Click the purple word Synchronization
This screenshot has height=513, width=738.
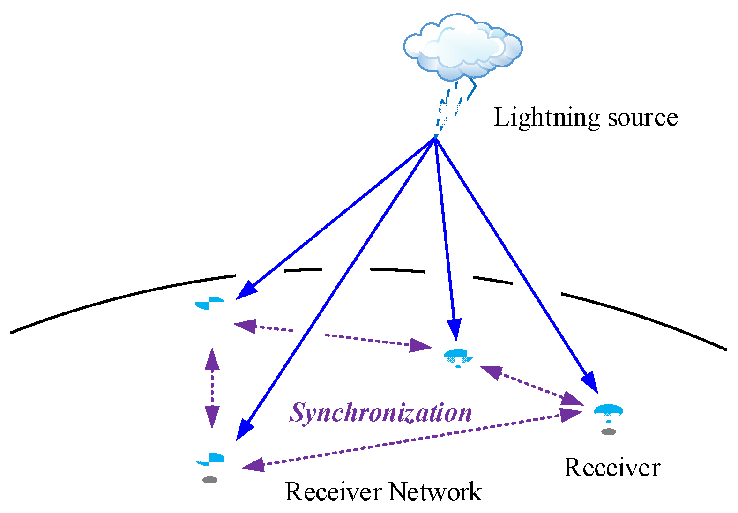(380, 413)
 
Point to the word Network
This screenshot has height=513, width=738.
(435, 492)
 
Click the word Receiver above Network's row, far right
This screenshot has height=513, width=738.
(612, 468)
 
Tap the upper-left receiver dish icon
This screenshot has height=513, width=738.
(209, 303)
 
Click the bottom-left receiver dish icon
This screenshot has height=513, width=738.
(210, 458)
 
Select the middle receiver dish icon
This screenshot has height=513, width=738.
(458, 357)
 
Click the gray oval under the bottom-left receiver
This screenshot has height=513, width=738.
(210, 480)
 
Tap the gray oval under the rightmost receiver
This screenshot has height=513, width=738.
(608, 432)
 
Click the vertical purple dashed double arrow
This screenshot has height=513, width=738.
(212, 388)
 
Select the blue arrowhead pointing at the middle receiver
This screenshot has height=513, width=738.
(455, 329)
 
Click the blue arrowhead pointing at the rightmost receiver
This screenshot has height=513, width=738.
(590, 382)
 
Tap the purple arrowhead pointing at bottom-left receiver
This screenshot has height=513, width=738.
(253, 465)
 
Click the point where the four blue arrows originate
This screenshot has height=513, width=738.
(435, 138)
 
